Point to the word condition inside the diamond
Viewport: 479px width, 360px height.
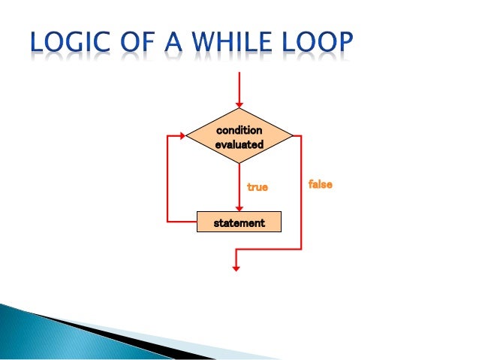point(239,130)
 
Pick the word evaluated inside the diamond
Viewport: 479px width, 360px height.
point(239,144)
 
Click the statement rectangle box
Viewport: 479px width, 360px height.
point(239,222)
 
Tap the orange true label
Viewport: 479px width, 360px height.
point(258,186)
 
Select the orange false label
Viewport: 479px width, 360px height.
point(320,183)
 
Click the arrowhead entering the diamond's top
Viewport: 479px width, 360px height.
point(239,104)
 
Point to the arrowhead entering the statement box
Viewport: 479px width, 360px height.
point(239,208)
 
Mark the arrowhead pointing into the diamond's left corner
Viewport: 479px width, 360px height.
point(182,136)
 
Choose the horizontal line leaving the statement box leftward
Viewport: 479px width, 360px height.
point(182,222)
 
